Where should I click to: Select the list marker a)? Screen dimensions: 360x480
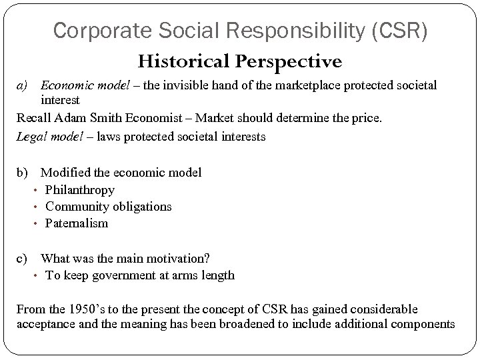coord(23,85)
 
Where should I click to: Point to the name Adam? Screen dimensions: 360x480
coord(71,119)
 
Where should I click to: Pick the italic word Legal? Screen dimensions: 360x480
coord(31,137)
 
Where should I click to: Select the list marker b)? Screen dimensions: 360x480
coord(23,173)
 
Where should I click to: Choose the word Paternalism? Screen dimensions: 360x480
coord(77,223)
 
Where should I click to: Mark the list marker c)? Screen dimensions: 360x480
coord(23,259)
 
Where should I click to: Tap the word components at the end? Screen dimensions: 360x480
coord(423,325)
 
